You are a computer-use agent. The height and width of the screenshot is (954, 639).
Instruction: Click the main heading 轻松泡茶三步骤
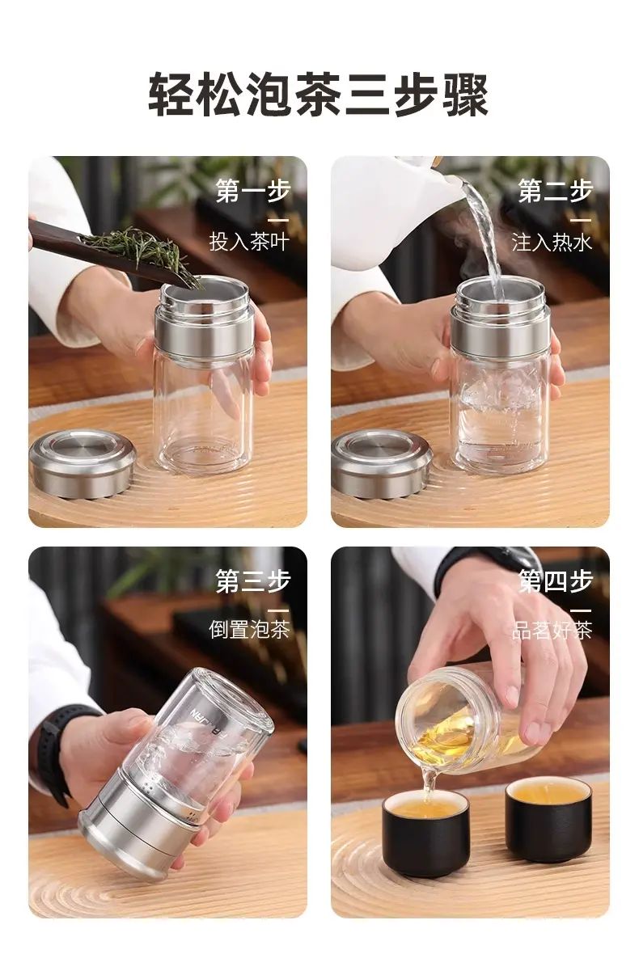click(318, 95)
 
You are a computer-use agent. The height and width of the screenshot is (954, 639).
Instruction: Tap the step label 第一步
click(252, 191)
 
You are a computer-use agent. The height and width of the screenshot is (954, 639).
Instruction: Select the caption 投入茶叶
click(249, 242)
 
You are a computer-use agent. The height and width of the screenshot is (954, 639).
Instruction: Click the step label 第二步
click(555, 191)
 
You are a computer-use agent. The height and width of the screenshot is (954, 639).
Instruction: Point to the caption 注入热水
click(552, 243)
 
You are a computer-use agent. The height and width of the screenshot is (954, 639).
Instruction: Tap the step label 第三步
click(252, 581)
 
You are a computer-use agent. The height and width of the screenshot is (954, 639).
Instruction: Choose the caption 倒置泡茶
click(249, 629)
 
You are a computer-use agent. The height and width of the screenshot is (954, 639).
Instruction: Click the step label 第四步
click(555, 581)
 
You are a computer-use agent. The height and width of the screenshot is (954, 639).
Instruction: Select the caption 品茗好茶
click(552, 630)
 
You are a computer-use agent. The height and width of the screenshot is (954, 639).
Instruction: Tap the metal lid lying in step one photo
click(83, 463)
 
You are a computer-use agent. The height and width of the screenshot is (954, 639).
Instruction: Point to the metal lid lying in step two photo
click(382, 463)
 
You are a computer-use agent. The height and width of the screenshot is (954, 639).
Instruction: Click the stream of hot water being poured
click(484, 237)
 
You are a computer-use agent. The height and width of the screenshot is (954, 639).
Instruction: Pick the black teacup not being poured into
click(548, 819)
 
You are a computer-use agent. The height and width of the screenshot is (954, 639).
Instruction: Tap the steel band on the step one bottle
click(204, 336)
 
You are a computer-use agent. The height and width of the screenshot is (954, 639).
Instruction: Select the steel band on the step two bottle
click(500, 336)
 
